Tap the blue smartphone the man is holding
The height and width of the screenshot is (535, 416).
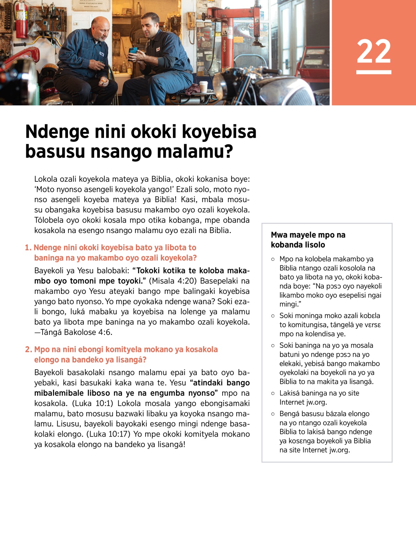point(133,51)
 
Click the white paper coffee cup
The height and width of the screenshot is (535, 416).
point(203,86)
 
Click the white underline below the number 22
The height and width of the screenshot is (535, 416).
point(374,72)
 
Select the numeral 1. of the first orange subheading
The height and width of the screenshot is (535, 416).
point(28,248)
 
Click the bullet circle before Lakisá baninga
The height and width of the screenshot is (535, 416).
point(273,393)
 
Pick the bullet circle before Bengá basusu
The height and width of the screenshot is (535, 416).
point(273,414)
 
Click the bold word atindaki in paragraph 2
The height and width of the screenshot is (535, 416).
point(208,383)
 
